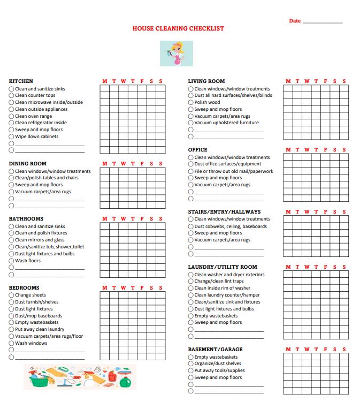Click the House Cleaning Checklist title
[x=178, y=28]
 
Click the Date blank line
[x=322, y=22]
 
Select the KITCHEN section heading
[x=21, y=81]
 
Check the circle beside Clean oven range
[x=11, y=116]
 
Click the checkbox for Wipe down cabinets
[x=11, y=136]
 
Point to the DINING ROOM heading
[x=27, y=164]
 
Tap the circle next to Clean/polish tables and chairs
[x=11, y=178]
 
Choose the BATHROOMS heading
[x=26, y=219]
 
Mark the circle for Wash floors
[x=11, y=261]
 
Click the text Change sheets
[x=30, y=295]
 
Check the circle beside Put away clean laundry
[x=11, y=330]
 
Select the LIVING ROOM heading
[x=206, y=81]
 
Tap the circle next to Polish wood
[x=190, y=103]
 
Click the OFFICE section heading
[x=197, y=150]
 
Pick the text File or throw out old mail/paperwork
[x=234, y=171]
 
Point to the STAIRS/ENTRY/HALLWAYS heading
[x=224, y=212]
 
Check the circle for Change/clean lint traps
[x=190, y=282]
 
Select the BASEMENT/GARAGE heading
[x=215, y=350]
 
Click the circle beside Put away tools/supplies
[x=190, y=370]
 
